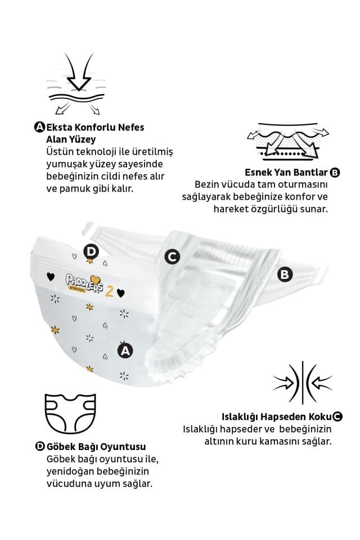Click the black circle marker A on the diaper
point(125,350)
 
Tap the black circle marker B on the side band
point(285,274)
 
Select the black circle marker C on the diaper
point(172,256)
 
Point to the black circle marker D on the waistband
point(90,251)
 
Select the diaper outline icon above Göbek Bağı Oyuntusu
point(68,414)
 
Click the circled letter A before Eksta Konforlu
point(39,127)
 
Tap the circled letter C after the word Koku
point(336,417)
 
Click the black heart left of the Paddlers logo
point(51,276)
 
